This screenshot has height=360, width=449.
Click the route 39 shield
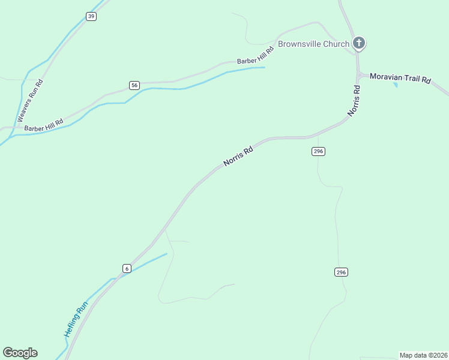(91, 16)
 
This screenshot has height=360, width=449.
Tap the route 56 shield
(134, 85)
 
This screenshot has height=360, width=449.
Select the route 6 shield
(127, 268)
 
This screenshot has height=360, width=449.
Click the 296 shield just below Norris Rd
(319, 151)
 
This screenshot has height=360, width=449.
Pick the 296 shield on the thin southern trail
(341, 272)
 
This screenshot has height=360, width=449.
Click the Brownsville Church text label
(313, 44)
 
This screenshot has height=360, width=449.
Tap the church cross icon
(359, 43)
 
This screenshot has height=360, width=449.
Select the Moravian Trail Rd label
(400, 79)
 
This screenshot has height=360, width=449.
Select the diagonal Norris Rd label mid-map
(238, 155)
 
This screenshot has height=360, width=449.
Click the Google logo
(20, 353)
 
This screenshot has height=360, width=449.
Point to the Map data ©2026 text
(423, 355)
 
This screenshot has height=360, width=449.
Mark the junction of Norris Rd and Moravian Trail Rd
(358, 76)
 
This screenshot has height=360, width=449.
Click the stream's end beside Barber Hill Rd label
(264, 67)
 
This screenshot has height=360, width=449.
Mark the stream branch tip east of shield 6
(166, 253)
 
